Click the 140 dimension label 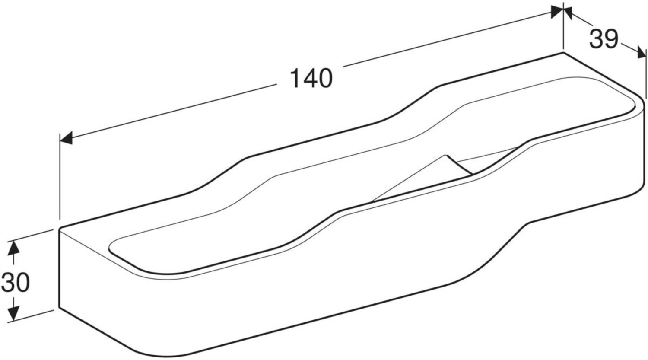pyautogui.click(x=311, y=78)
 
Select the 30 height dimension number pyautogui.click(x=16, y=282)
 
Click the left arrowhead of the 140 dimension pyautogui.click(x=66, y=138)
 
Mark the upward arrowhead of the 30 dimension pyautogui.click(x=13, y=248)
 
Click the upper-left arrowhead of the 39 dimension pyautogui.click(x=568, y=13)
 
